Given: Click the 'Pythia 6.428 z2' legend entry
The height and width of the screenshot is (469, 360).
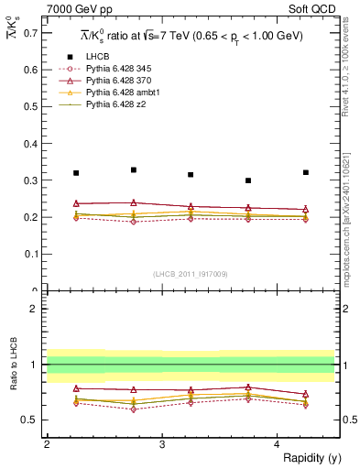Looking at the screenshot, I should (117, 106).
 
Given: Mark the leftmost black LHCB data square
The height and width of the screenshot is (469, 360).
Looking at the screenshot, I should (76, 173).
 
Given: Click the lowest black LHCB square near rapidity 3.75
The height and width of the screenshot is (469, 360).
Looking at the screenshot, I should (248, 180).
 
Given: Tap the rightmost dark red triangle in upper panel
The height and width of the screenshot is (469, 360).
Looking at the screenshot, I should (306, 210).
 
